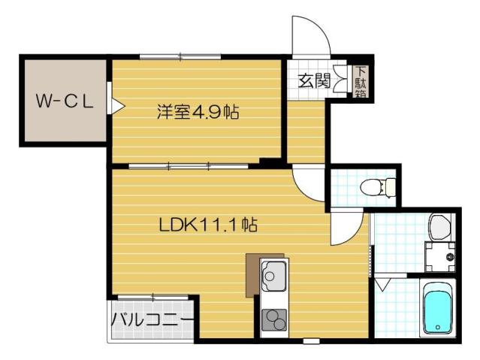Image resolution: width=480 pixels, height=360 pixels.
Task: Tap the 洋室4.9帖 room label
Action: [198, 113]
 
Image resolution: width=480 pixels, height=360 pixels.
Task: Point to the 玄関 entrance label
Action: [313, 80]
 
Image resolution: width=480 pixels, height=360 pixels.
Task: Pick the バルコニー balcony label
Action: [152, 319]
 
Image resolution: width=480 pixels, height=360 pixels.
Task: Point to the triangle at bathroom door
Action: [382, 284]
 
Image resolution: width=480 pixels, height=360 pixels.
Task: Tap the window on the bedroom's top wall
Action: [180, 56]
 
